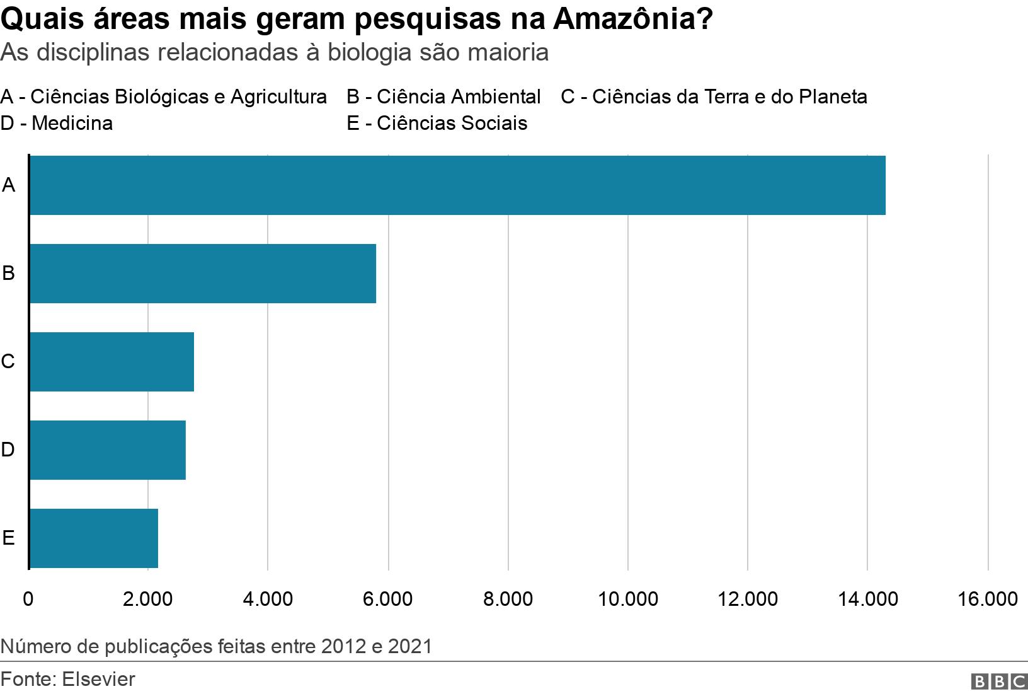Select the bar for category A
click(x=457, y=185)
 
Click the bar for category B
click(x=203, y=274)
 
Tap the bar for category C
click(x=111, y=362)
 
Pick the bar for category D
click(x=108, y=450)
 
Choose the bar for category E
click(x=94, y=538)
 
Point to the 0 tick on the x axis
click(x=28, y=598)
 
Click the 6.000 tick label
click(x=387, y=598)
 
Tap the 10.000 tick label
click(x=627, y=598)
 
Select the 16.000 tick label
click(x=987, y=598)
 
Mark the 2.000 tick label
click(x=147, y=598)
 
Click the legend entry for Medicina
click(x=57, y=123)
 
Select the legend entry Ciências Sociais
click(x=437, y=123)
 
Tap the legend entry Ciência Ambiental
click(x=443, y=96)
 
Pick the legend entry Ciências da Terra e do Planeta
click(x=714, y=96)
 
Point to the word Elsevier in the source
click(x=99, y=679)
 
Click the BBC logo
click(x=999, y=681)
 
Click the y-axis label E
click(x=8, y=538)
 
